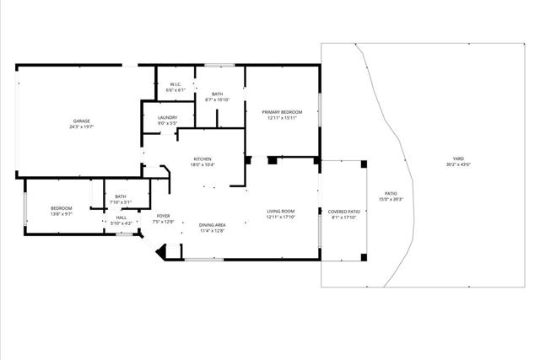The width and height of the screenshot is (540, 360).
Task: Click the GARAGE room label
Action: tap(80, 121)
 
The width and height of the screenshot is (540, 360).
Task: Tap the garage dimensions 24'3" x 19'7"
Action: tap(80, 127)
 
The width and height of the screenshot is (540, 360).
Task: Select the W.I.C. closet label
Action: tap(175, 84)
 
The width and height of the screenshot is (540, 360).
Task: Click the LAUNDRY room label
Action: tap(167, 118)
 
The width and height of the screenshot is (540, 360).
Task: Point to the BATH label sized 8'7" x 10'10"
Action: tap(218, 94)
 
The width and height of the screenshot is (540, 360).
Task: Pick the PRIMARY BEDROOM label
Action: tap(282, 111)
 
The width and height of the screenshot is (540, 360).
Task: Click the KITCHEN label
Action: tap(203, 159)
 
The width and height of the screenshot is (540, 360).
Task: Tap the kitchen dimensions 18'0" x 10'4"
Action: tap(203, 164)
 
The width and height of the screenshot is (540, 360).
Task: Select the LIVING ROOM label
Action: tap(281, 211)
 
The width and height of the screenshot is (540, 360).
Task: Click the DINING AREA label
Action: tap(212, 224)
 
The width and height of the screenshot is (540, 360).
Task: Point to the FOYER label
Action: tap(163, 216)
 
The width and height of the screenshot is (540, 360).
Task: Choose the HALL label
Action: tap(121, 218)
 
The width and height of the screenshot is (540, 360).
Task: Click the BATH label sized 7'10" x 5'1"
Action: tap(121, 196)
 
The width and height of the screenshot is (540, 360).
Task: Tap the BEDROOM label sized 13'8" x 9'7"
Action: tap(61, 208)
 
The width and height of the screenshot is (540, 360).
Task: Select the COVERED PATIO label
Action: tap(344, 211)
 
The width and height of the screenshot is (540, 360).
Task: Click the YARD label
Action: tap(458, 159)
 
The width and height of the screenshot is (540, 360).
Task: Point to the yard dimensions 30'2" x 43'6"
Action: tap(458, 164)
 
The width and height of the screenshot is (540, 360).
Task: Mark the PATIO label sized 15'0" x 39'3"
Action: tap(391, 193)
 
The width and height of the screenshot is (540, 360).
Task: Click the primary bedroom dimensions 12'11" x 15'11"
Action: tap(282, 117)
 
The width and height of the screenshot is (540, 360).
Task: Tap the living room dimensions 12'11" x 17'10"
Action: tap(281, 217)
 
